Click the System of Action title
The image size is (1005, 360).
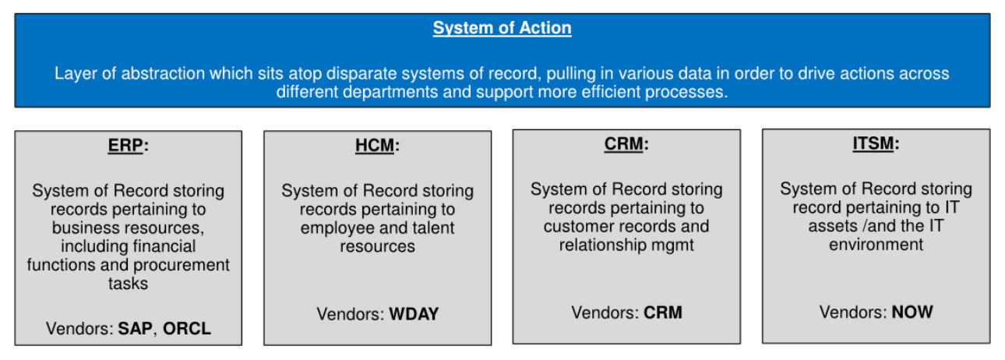click(502, 28)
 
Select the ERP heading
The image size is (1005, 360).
click(125, 146)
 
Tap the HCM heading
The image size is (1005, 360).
click(375, 146)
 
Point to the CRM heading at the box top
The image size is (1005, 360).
click(623, 144)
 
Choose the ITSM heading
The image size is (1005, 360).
click(873, 143)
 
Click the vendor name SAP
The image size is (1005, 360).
click(135, 329)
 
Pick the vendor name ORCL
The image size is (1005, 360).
click(187, 329)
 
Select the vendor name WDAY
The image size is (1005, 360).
click(414, 314)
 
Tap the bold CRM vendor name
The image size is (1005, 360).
click(663, 312)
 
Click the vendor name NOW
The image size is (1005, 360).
click(912, 312)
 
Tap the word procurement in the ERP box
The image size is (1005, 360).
click(182, 266)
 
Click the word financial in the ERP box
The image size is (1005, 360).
click(164, 246)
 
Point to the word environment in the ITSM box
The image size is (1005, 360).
click(876, 245)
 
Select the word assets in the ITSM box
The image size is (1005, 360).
click(833, 226)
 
